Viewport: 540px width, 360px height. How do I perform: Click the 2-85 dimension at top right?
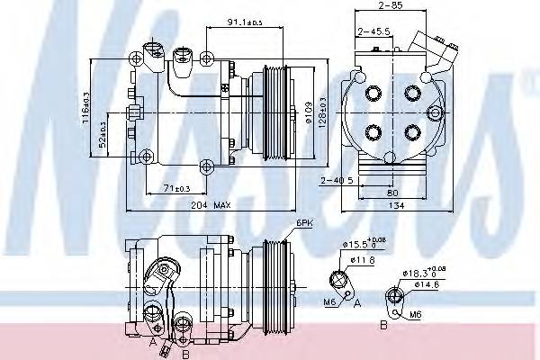[x=389, y=7]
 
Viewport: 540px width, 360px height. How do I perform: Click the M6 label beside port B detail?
[x=415, y=314]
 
